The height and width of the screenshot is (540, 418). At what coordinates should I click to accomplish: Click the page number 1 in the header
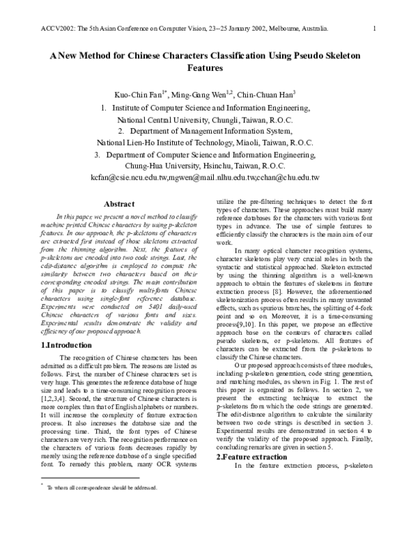pos(374,29)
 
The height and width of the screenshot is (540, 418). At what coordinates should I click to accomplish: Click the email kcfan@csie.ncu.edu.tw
pos(131,178)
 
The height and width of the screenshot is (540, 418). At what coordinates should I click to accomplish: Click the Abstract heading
pos(119,204)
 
